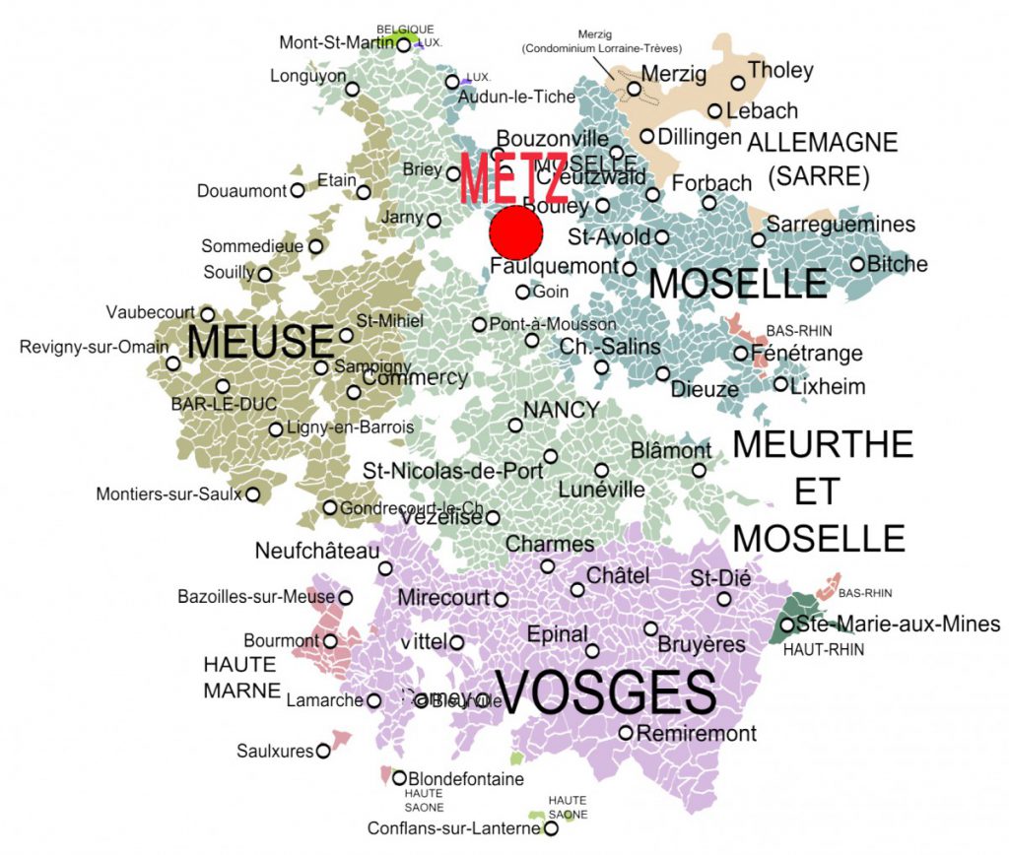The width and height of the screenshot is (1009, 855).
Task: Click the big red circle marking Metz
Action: (516, 232)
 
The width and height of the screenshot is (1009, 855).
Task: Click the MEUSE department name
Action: (260, 343)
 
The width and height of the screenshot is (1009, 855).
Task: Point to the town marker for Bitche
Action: (858, 264)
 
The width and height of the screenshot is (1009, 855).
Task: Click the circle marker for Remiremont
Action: (626, 732)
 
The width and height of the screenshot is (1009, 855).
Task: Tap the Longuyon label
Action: (307, 76)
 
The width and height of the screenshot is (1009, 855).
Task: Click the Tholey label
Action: (780, 70)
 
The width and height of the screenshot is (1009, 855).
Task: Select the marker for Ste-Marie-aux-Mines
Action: (787, 625)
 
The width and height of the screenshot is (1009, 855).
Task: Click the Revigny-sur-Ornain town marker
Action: (173, 363)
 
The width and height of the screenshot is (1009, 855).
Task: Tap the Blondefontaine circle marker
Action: (399, 778)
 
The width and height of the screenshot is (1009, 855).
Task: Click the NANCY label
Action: (561, 409)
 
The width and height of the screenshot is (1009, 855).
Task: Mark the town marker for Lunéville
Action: (602, 470)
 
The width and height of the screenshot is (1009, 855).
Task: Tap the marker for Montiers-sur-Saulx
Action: (253, 494)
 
